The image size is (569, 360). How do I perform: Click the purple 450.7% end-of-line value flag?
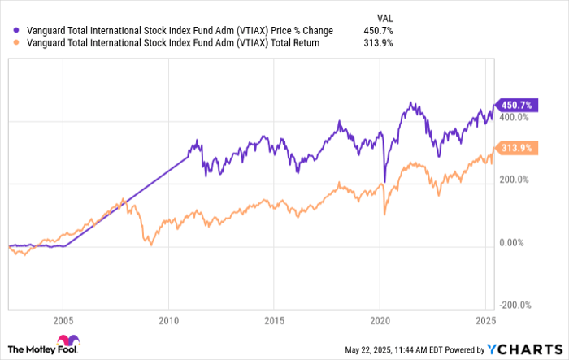coord(514,105)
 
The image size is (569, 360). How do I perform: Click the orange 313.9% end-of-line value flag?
coord(514,148)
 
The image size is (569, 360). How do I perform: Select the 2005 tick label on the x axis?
coord(63,319)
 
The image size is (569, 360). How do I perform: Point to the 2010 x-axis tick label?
coord(168,319)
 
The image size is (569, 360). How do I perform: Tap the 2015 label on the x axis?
coord(275,319)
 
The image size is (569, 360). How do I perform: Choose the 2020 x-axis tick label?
coord(380,319)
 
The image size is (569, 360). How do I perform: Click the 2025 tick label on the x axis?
coord(485,319)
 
